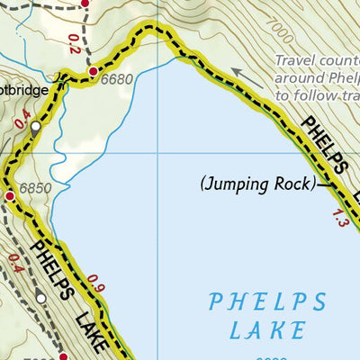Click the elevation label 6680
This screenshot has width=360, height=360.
[117, 79]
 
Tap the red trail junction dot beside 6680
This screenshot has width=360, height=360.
[92, 70]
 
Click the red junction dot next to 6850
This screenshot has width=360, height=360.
[10, 195]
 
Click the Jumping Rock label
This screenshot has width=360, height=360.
[256, 185]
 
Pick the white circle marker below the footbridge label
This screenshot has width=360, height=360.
[35, 129]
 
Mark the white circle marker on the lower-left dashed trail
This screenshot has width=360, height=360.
[40, 298]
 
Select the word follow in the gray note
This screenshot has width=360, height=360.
[306, 94]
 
